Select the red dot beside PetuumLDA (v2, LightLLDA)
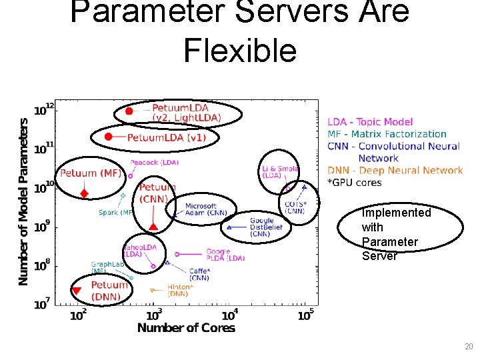pos(129,111)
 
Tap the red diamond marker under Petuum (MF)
pos(84,194)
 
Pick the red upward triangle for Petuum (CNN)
pos(153,227)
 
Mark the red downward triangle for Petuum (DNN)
pos(76,291)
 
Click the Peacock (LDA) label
pos(154,162)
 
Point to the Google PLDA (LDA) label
pos(225,255)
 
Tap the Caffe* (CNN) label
pos(199,274)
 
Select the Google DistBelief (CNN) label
pos(266,227)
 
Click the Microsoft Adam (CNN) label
pos(204,209)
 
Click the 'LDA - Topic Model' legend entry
pos(370,122)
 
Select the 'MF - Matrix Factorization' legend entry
pos(387,134)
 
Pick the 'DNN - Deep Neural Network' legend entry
pos(395,171)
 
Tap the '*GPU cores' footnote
pos(354,182)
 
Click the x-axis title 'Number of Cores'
pos(186,327)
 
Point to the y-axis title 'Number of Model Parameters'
pos(24,201)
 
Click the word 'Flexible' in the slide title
pos(240,51)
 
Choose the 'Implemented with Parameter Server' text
pos(396,234)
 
